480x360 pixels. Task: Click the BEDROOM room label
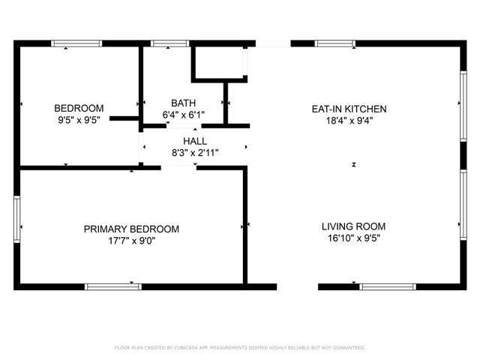point(79,108)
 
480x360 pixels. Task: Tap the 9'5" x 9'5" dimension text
point(79,118)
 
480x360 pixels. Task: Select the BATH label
point(183,103)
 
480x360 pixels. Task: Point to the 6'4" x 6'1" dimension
point(183,115)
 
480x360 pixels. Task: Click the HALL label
point(195,141)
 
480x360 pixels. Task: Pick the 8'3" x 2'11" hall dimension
point(195,152)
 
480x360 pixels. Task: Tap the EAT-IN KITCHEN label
point(349,109)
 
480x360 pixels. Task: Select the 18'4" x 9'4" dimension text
point(349,120)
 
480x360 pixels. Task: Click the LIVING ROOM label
point(353,226)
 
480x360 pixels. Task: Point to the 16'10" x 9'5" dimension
point(353,238)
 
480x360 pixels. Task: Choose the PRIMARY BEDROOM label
point(131,229)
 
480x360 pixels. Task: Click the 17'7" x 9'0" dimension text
point(131,241)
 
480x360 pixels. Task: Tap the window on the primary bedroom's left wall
point(17,218)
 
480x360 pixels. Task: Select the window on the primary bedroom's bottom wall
point(113,286)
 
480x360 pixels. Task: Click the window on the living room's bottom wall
point(388,286)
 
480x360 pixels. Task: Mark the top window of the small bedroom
point(76,43)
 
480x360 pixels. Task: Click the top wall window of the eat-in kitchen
point(335,43)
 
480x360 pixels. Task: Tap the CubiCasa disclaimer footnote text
point(239,348)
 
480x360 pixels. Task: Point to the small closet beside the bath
point(219,63)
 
